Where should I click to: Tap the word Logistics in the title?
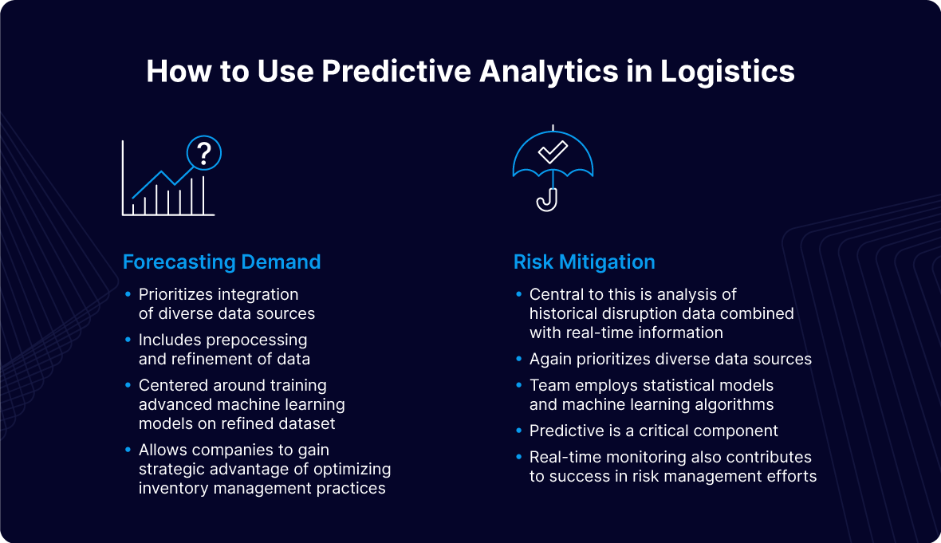(727, 72)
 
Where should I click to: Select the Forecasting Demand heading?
(222, 262)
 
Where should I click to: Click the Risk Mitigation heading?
(584, 262)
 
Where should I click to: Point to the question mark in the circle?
(204, 151)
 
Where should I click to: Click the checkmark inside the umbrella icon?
(552, 151)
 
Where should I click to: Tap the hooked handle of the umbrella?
(548, 201)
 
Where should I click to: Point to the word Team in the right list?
(548, 386)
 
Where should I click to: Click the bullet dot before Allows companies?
(128, 451)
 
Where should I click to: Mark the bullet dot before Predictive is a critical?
(519, 431)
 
